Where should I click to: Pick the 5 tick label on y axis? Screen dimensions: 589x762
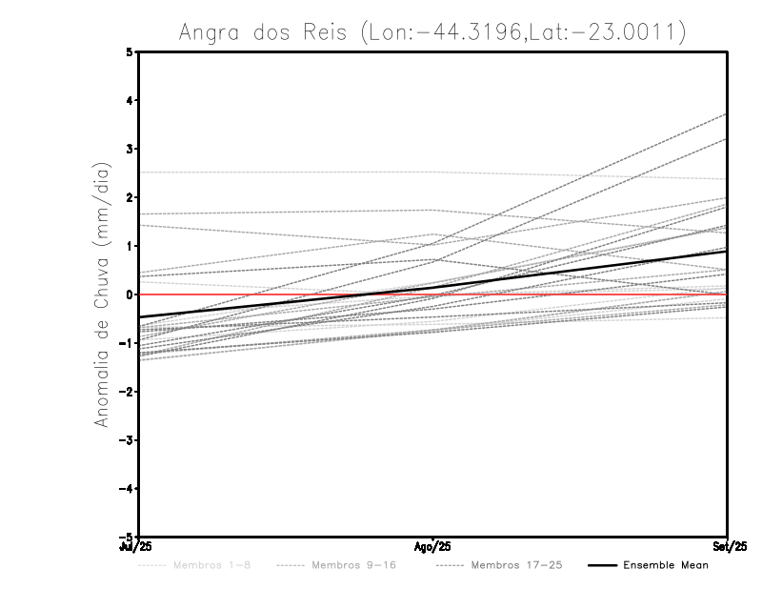tap(130, 52)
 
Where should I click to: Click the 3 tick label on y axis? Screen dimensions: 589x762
tap(130, 149)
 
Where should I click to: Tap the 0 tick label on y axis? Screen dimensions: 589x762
tap(130, 294)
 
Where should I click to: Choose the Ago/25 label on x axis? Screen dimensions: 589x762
tap(433, 546)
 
